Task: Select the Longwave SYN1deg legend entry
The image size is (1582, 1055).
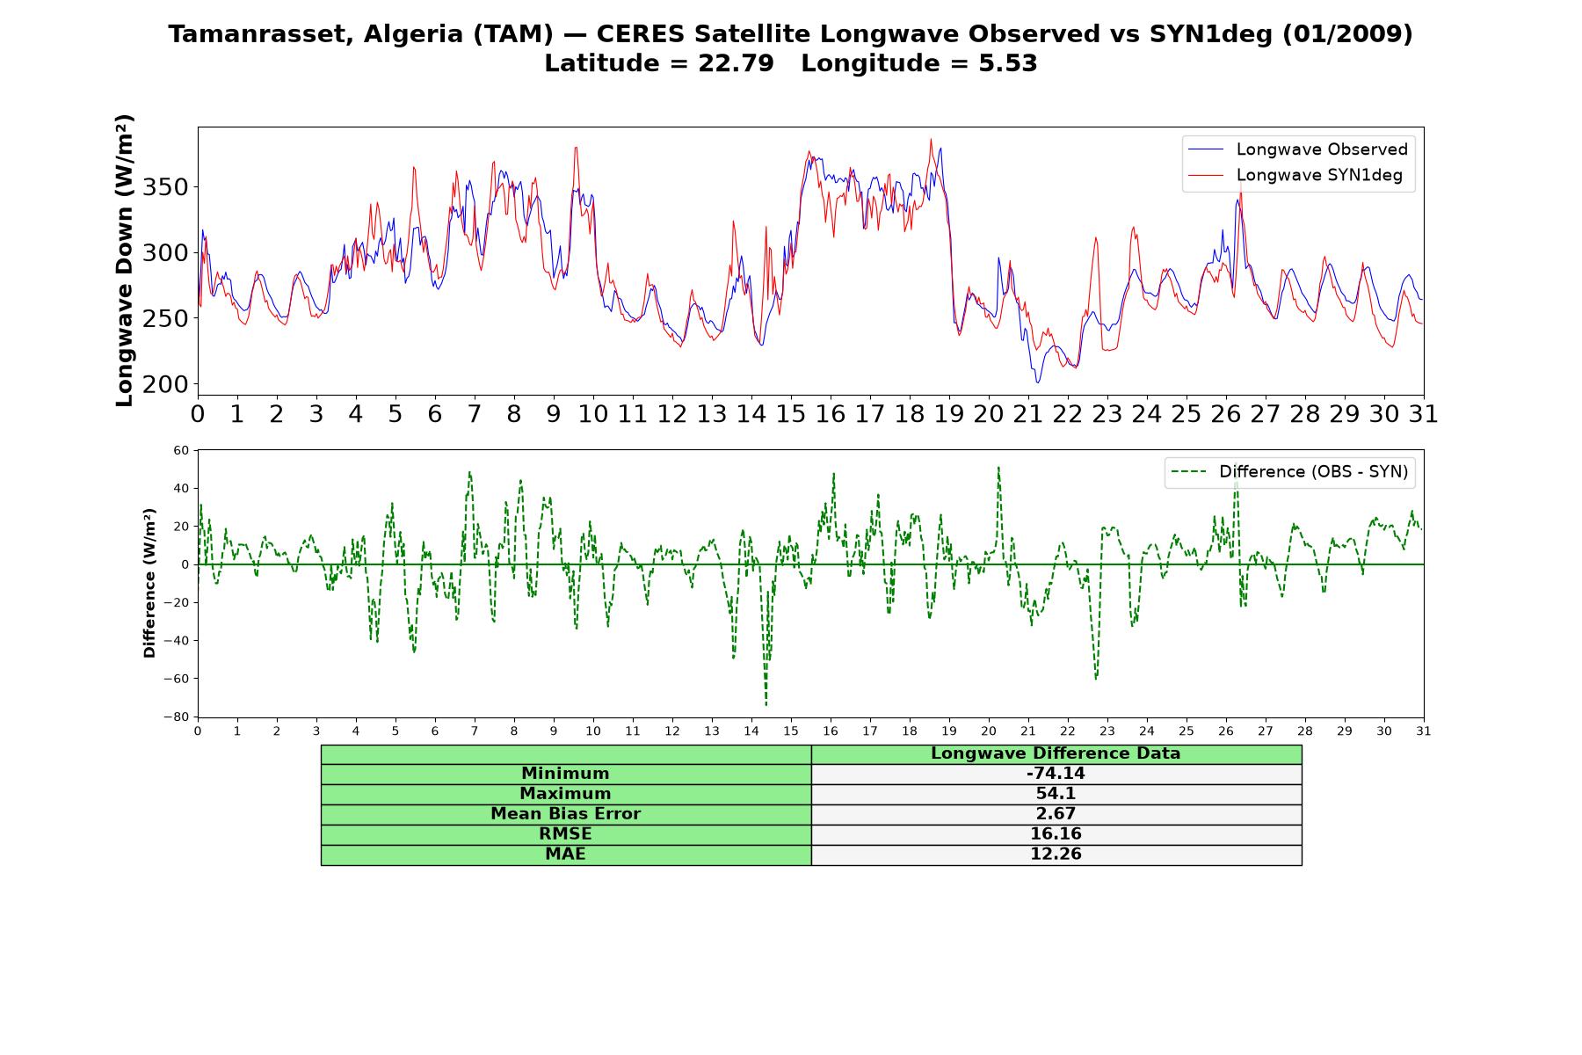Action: click(1295, 175)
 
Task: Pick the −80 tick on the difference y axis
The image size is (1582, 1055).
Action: click(176, 717)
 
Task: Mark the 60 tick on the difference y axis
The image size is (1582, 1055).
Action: click(181, 450)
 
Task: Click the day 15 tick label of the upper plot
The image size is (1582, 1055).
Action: click(791, 414)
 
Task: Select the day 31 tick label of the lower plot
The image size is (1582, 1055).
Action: click(1424, 731)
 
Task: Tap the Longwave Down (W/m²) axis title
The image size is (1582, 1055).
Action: click(125, 260)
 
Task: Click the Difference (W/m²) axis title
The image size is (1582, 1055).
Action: click(149, 583)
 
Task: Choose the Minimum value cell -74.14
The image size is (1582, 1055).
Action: click(1056, 774)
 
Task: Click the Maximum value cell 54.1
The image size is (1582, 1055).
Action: click(1056, 794)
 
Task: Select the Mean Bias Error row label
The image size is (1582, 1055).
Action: click(565, 814)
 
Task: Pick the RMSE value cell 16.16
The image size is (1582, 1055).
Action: click(1056, 834)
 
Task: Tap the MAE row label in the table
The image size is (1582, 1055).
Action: click(565, 855)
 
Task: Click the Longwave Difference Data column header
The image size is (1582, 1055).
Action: click(1056, 753)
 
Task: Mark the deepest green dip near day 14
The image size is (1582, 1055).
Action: click(766, 704)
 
